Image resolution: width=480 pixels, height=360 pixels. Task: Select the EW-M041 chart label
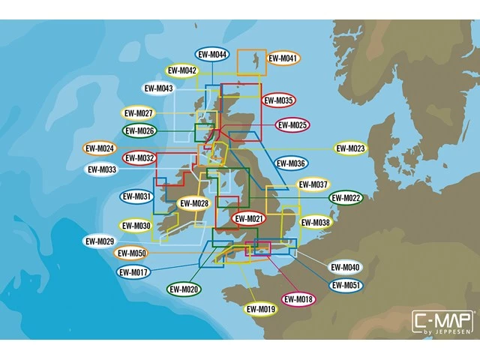point(283,58)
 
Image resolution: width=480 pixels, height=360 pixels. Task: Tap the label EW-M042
point(181,70)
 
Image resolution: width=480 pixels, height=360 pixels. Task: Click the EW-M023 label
point(350,148)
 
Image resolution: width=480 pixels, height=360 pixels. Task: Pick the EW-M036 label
point(291,163)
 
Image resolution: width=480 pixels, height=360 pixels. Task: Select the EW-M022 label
point(346,197)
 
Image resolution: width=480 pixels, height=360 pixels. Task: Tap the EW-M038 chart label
point(315,222)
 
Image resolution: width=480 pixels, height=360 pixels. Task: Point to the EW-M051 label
point(346,285)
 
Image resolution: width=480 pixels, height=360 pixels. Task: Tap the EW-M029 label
point(100,241)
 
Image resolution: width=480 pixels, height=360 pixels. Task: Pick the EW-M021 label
point(249,218)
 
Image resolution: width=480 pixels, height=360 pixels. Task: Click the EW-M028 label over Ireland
point(195,203)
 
